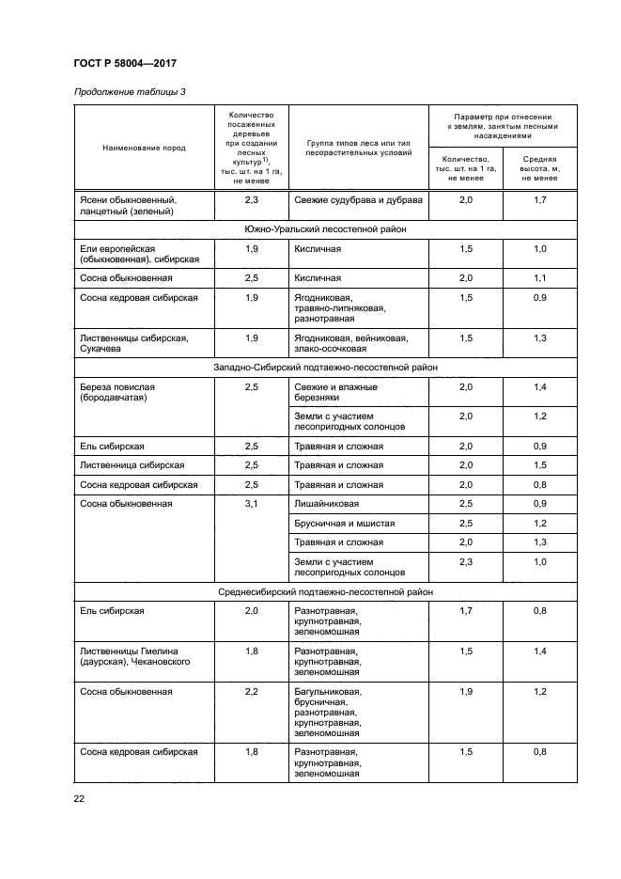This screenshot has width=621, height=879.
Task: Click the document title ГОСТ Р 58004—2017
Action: pyautogui.click(x=125, y=64)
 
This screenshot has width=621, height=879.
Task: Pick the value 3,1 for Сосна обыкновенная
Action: pyautogui.click(x=251, y=504)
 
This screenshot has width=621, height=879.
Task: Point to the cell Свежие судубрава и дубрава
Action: pyautogui.click(x=358, y=200)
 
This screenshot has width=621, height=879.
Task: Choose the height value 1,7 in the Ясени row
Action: pyautogui.click(x=539, y=200)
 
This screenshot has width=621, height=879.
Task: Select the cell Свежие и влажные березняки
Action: pyautogui.click(x=335, y=393)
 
